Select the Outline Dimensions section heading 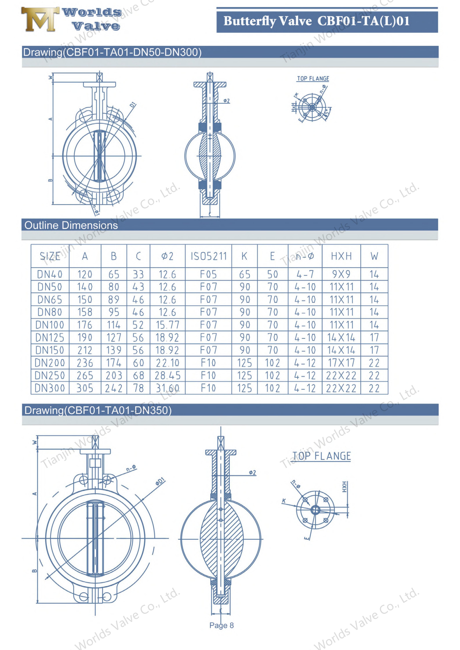71,225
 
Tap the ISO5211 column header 208,256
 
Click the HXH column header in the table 341,256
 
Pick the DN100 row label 50,325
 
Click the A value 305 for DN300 85,388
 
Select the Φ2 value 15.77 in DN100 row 168,325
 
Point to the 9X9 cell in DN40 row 341,274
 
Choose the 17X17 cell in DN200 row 341,363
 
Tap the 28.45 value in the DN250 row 168,375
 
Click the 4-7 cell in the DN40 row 305,274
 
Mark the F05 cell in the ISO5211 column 208,274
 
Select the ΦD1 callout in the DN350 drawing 160,481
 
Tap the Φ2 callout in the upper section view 227,101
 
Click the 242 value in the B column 114,388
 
